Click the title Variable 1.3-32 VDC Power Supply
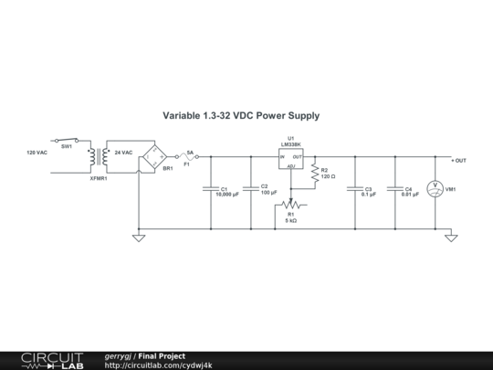click(x=241, y=116)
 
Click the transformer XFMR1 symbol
click(x=98, y=159)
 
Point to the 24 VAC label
click(x=123, y=152)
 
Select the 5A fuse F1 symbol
click(x=188, y=157)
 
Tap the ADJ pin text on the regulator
click(x=291, y=166)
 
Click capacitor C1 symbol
click(x=212, y=190)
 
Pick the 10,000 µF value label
click(x=226, y=195)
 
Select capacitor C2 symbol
click(x=251, y=190)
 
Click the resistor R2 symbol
click(x=313, y=172)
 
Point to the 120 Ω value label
click(x=329, y=175)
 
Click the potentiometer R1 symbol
click(x=291, y=205)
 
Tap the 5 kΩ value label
click(x=291, y=220)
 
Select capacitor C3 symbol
click(x=354, y=190)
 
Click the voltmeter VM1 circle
click(x=435, y=189)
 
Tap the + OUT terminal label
click(x=458, y=160)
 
